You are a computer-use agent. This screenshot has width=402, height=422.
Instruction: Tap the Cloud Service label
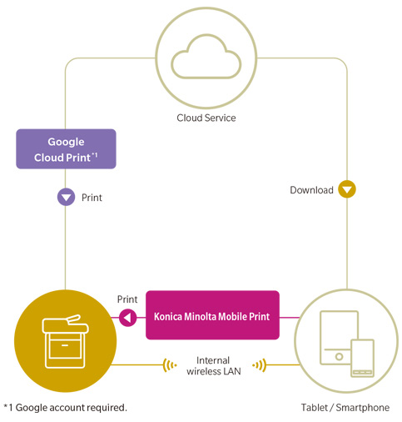pos(206,118)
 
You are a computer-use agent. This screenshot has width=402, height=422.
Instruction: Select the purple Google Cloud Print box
pos(66,148)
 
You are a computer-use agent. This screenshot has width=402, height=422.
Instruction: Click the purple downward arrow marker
pos(66,197)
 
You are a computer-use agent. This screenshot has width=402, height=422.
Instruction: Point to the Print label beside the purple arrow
pos(92,198)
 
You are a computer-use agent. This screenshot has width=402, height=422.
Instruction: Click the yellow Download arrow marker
pos(347,189)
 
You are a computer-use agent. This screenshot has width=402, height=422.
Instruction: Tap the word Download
pos(311,190)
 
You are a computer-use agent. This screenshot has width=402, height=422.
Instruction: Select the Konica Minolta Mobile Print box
pos(212,315)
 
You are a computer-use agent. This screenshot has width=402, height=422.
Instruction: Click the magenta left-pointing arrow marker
pos(128,318)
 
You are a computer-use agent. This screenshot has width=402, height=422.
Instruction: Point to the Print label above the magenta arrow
pos(127,299)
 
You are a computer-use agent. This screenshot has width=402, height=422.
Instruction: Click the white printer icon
pos(65,341)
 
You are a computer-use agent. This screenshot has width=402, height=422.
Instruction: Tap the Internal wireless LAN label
pos(214,366)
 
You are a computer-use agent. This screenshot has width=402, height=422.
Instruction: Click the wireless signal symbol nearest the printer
pos(170,365)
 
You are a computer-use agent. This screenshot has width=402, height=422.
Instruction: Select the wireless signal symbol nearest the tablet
pos(260,365)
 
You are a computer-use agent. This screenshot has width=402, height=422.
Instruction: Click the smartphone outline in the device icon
pos(362,358)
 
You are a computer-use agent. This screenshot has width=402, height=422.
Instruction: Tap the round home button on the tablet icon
pos(339,356)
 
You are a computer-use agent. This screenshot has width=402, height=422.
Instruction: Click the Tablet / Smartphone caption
pos(345,408)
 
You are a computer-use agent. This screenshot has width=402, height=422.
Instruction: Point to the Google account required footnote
pos(66,408)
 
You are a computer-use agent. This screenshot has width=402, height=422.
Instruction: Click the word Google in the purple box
pos(66,143)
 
